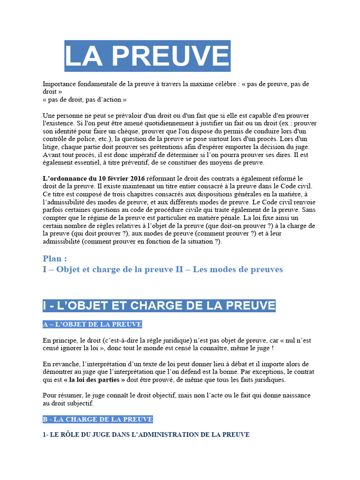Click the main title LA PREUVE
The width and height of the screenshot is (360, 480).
click(147, 56)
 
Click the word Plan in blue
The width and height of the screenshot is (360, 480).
click(55, 258)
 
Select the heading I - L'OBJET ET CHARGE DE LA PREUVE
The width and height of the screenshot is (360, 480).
click(159, 306)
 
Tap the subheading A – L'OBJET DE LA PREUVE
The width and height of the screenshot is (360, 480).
click(92, 324)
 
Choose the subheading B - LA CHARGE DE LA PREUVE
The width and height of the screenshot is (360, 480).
click(97, 419)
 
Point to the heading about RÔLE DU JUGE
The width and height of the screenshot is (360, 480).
click(146, 435)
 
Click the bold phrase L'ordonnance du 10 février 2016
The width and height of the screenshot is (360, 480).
click(94, 179)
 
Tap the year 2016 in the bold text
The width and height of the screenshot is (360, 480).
click(136, 179)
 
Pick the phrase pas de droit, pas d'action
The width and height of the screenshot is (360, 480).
click(84, 99)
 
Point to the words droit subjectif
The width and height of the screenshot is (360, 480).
click(73, 403)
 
